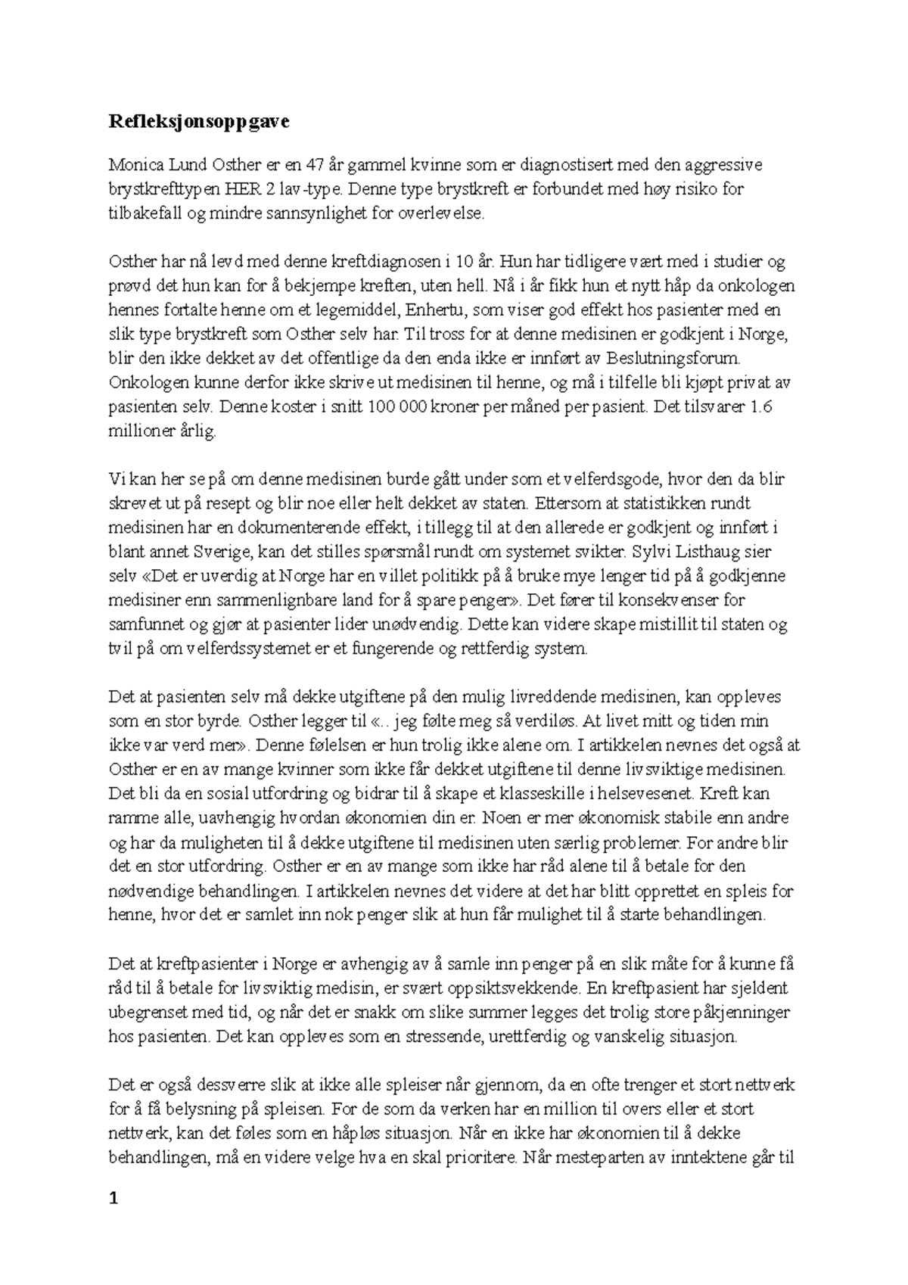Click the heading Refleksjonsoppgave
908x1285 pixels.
(x=198, y=122)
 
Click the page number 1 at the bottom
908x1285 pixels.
(x=113, y=1199)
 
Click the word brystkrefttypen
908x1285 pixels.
(x=158, y=188)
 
